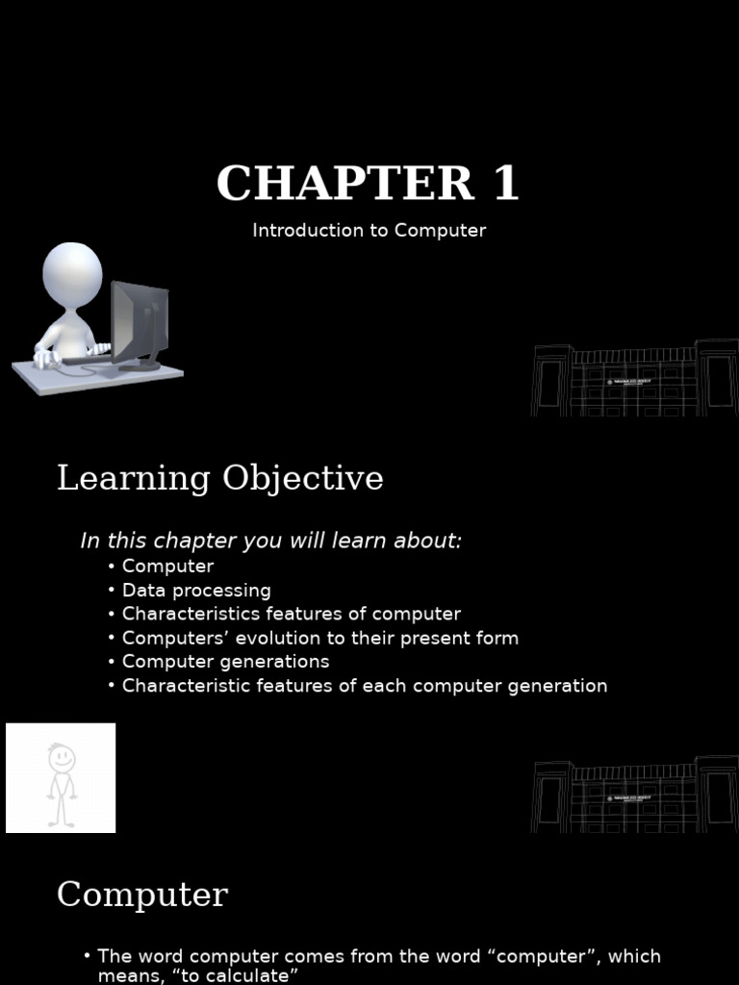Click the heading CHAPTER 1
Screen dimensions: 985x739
pos(368,184)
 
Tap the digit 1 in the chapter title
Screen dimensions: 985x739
pos(505,184)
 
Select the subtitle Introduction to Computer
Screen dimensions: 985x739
pos(369,231)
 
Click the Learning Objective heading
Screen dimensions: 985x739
pos(219,478)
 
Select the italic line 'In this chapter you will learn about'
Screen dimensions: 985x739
pos(270,541)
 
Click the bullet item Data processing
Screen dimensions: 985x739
pos(196,590)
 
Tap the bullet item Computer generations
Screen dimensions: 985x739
pos(225,662)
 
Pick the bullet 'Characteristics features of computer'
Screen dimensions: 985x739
pos(291,614)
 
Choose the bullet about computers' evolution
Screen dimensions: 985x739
pos(319,638)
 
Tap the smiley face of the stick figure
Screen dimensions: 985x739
pos(62,758)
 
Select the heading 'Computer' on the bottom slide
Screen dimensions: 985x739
pos(141,895)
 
